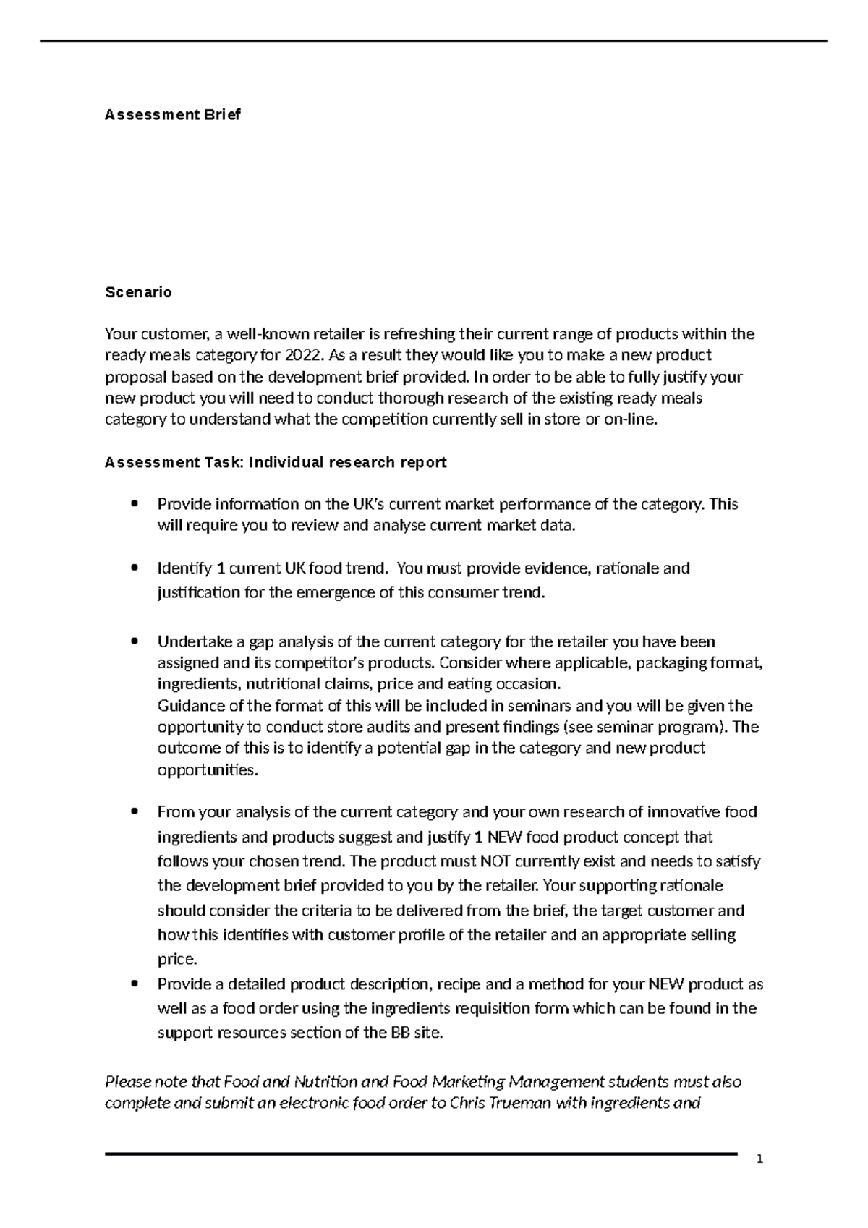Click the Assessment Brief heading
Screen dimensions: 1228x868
point(172,114)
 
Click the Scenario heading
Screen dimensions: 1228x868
point(138,292)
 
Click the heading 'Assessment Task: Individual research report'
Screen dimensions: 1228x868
point(276,462)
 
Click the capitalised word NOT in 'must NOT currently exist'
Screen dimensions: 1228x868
point(495,861)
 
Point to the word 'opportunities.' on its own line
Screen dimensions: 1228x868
point(208,769)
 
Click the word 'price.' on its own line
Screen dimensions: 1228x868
point(177,960)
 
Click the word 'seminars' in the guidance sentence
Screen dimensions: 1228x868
point(541,706)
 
